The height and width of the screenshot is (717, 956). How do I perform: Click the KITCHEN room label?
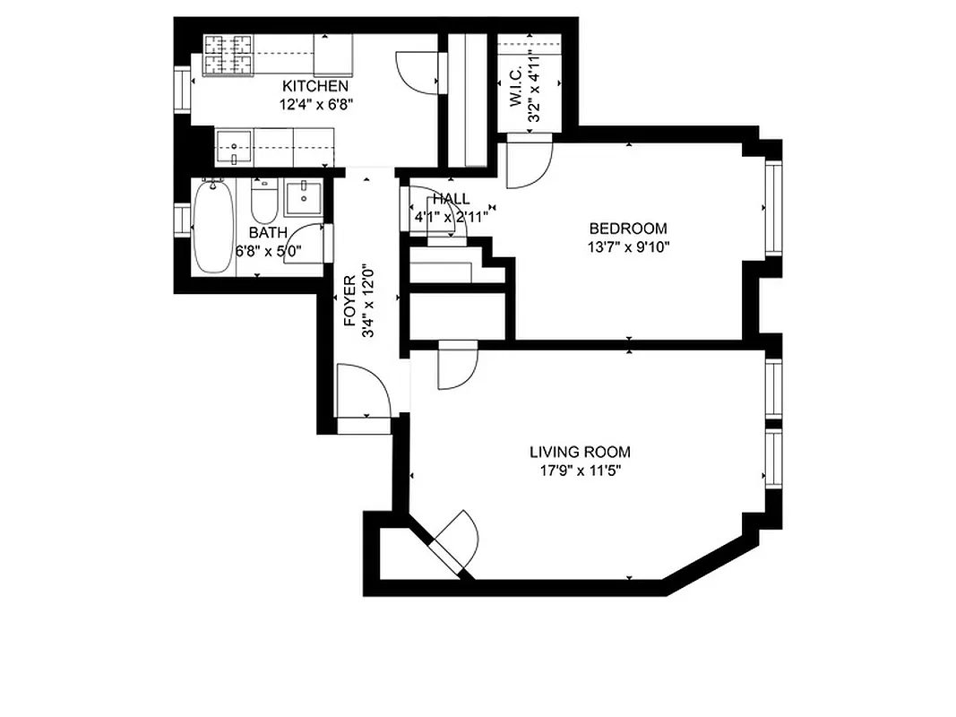point(315,86)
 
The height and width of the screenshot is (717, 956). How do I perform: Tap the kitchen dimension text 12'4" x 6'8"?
point(315,103)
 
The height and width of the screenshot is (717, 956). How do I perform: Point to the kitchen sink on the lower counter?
point(234,147)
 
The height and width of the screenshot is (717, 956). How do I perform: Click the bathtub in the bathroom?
point(213,226)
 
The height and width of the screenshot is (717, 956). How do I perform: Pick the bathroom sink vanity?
point(304,197)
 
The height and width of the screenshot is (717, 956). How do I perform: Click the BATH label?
point(269,233)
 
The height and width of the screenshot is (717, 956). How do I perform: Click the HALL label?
point(450,199)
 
